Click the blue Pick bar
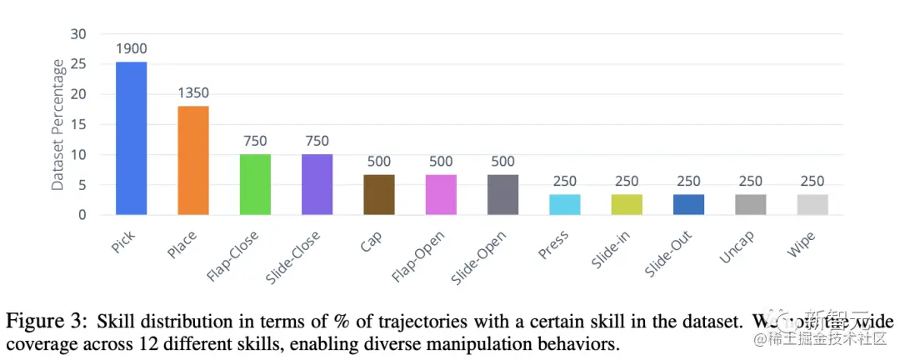(x=131, y=137)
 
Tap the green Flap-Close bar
(x=255, y=184)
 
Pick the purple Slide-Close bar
(x=317, y=184)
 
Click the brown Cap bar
(x=378, y=194)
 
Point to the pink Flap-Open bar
(x=441, y=194)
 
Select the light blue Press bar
(x=565, y=204)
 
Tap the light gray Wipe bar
(x=812, y=204)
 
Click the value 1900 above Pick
(x=131, y=48)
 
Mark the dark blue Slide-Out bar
(x=688, y=204)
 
